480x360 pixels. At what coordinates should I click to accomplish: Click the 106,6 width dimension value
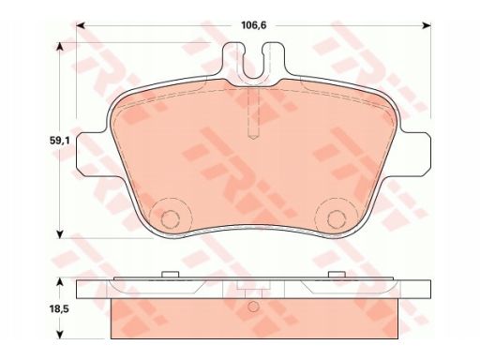pos(253,25)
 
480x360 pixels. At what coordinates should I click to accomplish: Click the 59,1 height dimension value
pos(60,141)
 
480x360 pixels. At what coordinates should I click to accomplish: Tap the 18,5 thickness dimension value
pos(59,309)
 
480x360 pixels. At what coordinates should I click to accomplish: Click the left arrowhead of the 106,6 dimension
pos(81,25)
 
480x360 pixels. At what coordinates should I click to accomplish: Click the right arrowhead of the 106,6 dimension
pos(427,25)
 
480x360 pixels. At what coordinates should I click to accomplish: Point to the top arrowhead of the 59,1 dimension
pos(60,47)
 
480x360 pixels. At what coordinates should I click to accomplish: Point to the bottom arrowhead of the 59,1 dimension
pos(60,234)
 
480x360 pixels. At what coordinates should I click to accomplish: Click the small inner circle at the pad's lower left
pos(170,219)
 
